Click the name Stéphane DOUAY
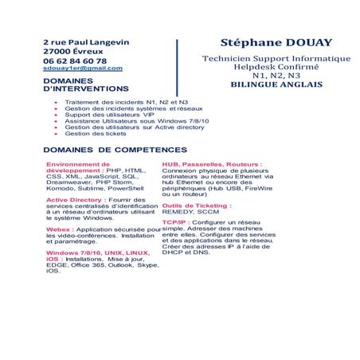[x=276, y=42]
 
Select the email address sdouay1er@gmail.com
[x=82, y=68]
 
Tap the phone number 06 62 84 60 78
[x=74, y=61]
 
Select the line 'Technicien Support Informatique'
[x=276, y=58]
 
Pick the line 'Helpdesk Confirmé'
[x=276, y=67]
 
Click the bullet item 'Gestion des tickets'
[x=96, y=133]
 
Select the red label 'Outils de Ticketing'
[x=196, y=205]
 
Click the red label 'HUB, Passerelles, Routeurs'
[x=211, y=163]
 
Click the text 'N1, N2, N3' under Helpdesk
[x=276, y=76]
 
